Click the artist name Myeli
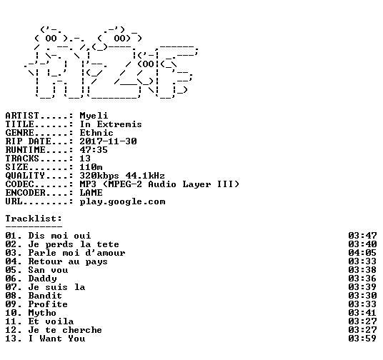point(94,116)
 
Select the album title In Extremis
point(111,124)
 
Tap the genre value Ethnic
point(96,133)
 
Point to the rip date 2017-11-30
point(108,141)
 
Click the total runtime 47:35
point(94,150)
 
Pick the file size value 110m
point(91,167)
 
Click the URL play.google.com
point(122,201)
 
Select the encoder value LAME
point(91,193)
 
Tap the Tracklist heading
point(34,219)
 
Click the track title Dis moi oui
point(59,236)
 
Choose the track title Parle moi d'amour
point(76,253)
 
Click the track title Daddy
point(42,279)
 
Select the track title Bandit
point(45,296)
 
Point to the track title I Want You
point(56,339)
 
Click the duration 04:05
point(362,253)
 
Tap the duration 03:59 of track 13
point(362,339)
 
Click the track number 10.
point(11,313)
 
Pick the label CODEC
point(19,184)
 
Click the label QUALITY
point(25,176)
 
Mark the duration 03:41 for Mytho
point(362,313)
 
